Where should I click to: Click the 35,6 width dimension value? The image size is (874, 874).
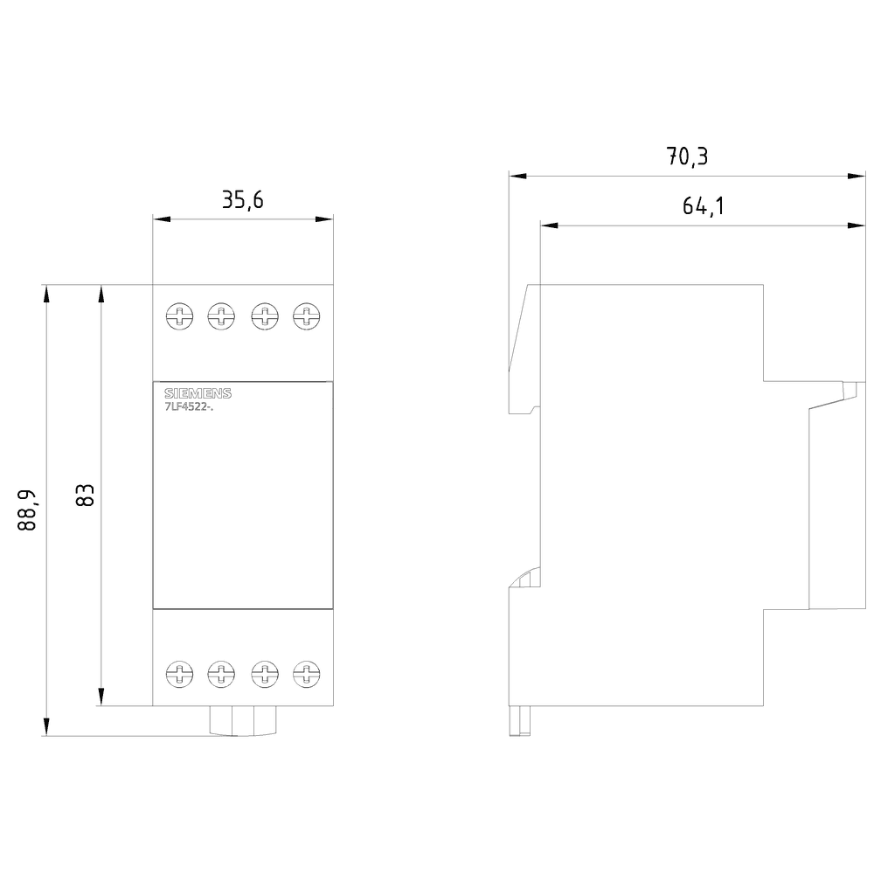click(242, 201)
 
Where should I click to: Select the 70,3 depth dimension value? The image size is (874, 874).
click(688, 157)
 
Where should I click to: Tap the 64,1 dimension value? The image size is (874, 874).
click(704, 207)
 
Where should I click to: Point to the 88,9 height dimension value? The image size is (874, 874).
click(27, 510)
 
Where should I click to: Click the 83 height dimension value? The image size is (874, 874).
click(85, 496)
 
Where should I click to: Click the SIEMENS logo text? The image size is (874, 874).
click(198, 394)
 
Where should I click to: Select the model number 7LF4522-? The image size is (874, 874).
click(189, 406)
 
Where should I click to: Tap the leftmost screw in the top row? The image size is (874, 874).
click(179, 316)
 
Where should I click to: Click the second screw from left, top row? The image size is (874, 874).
click(221, 316)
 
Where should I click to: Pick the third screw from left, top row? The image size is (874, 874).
click(263, 316)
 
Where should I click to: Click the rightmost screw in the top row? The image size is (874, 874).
click(305, 316)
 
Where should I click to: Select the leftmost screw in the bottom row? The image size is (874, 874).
click(179, 673)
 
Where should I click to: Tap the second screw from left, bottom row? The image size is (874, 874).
click(221, 673)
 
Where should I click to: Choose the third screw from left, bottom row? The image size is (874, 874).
click(263, 673)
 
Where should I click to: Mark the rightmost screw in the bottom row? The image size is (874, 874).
click(305, 673)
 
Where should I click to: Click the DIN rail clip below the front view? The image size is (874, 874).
click(242, 721)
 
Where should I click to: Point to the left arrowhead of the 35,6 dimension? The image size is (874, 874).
click(160, 219)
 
